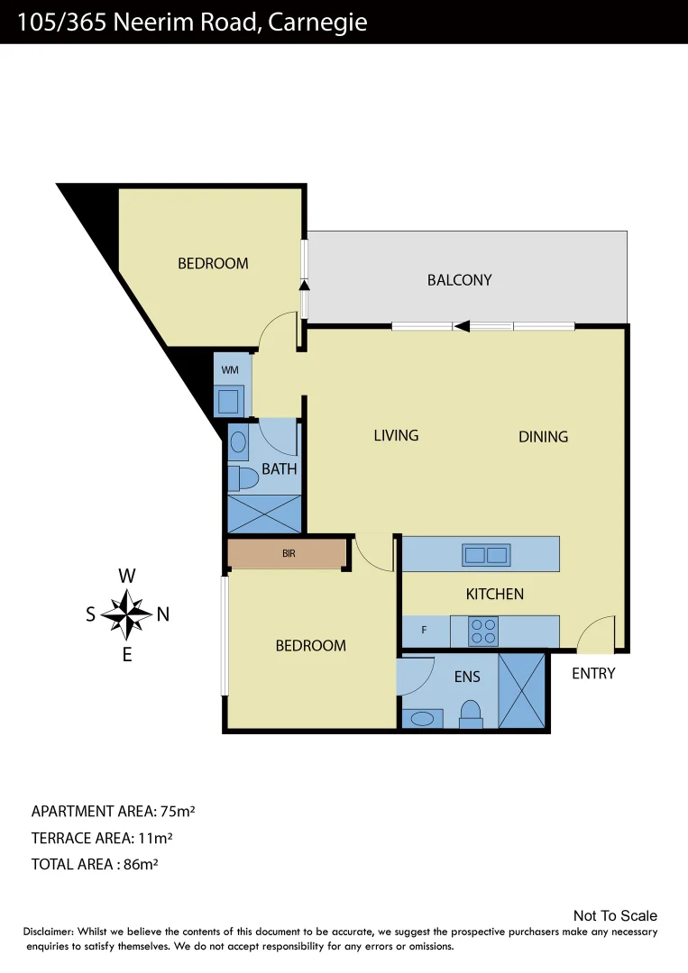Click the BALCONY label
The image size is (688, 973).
(x=459, y=280)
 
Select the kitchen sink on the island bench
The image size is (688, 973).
(x=486, y=555)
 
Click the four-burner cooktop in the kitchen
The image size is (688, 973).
(x=483, y=631)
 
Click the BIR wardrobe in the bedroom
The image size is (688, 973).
(x=289, y=553)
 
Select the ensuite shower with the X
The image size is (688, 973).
(x=522, y=690)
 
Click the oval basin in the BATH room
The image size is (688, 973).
(x=238, y=441)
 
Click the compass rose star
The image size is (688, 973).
(x=127, y=614)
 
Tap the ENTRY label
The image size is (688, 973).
(x=593, y=673)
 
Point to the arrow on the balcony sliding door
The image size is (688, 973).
(x=462, y=326)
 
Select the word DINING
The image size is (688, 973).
(x=543, y=437)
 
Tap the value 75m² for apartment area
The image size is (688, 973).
(x=176, y=811)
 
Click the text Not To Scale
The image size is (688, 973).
(x=615, y=916)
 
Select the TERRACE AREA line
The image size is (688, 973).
(x=102, y=838)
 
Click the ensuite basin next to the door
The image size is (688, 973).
(x=421, y=718)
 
